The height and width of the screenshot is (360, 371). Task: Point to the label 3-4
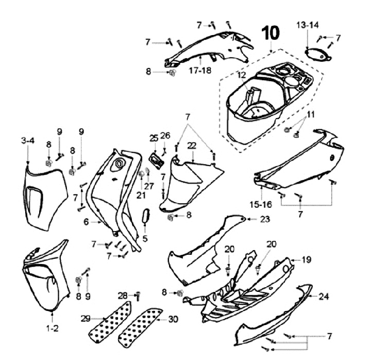point(28,140)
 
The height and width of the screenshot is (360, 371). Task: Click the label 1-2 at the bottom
point(54,328)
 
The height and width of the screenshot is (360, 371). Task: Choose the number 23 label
point(265,219)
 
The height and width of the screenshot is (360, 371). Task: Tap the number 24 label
point(323,297)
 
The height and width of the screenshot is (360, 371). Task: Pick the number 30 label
point(174,319)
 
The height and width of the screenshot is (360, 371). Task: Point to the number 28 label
point(123,295)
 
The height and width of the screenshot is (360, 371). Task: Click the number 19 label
point(306,260)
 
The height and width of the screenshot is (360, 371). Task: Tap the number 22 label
point(192,146)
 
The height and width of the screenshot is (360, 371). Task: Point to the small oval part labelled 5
point(146,217)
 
